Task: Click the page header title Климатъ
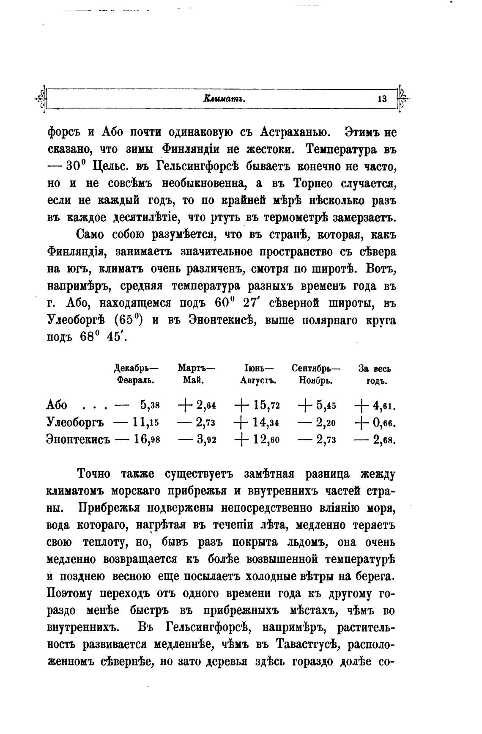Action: (x=225, y=99)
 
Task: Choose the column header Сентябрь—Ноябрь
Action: (x=316, y=374)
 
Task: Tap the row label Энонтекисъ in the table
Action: (x=78, y=440)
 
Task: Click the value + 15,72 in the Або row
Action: (x=257, y=405)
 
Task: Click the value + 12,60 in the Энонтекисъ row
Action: (x=257, y=440)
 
